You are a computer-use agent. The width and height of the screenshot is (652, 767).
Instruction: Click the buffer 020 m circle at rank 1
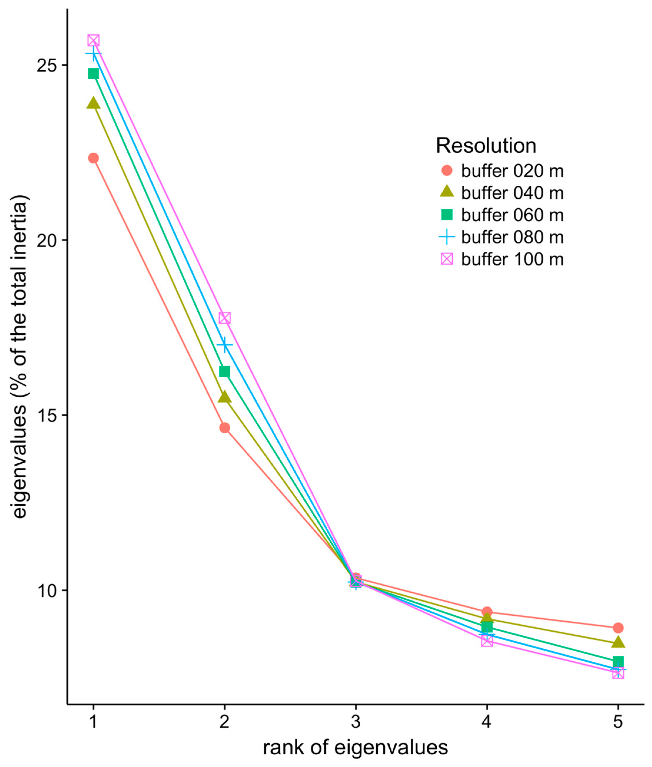(94, 158)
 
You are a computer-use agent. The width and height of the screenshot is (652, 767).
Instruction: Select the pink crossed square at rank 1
(94, 40)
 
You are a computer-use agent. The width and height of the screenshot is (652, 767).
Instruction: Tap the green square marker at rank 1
(94, 74)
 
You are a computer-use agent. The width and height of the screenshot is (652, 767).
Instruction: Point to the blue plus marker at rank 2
(224, 345)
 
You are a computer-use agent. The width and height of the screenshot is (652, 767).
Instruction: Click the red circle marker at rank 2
(224, 428)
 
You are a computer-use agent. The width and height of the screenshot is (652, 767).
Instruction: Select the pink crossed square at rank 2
(224, 318)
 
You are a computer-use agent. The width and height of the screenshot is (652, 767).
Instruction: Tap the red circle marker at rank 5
(618, 627)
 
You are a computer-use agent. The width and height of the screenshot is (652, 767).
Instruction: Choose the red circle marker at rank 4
(487, 612)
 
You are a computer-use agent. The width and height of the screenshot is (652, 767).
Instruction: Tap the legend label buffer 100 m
(512, 259)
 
